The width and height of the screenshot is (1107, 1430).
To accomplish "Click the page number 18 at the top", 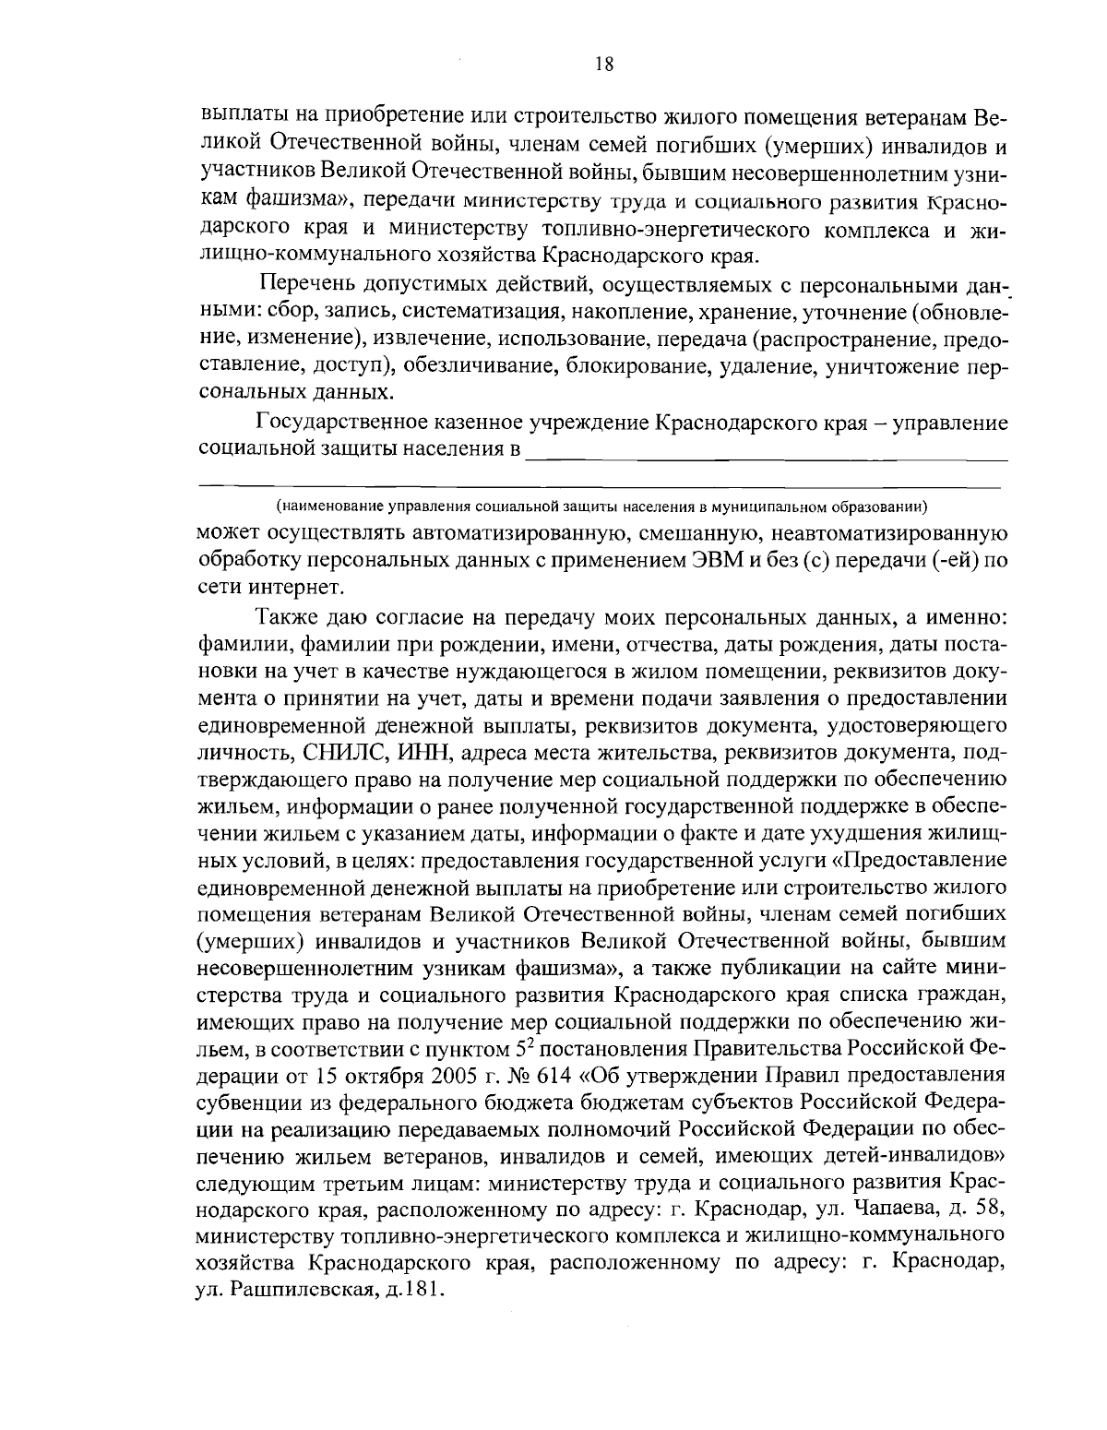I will coord(604,64).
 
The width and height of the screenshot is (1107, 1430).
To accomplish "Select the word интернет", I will coord(284,587).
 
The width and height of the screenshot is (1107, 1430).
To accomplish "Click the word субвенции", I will coord(248,1102).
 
